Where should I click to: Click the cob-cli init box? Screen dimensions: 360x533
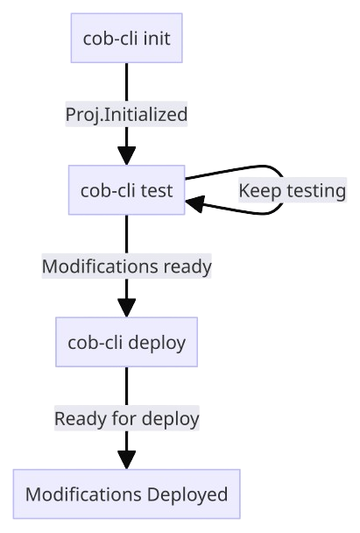127,38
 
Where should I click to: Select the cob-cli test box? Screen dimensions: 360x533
127,190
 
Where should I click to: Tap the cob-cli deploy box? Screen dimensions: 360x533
127,342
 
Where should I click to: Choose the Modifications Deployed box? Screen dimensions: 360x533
127,494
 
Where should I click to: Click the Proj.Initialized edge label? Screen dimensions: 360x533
126,114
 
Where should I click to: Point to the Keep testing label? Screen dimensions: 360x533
293,190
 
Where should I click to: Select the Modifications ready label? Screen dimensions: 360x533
127,266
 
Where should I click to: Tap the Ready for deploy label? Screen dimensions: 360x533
127,418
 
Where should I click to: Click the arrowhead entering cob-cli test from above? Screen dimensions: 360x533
127,156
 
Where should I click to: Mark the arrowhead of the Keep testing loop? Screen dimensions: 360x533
195,204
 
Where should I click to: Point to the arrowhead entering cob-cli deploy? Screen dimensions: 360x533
127,308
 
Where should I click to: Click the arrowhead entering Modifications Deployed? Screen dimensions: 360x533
127,460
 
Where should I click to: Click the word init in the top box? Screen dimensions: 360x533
157,38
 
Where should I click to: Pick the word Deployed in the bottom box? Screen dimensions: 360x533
187,494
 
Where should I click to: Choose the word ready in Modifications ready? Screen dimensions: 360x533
187,266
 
